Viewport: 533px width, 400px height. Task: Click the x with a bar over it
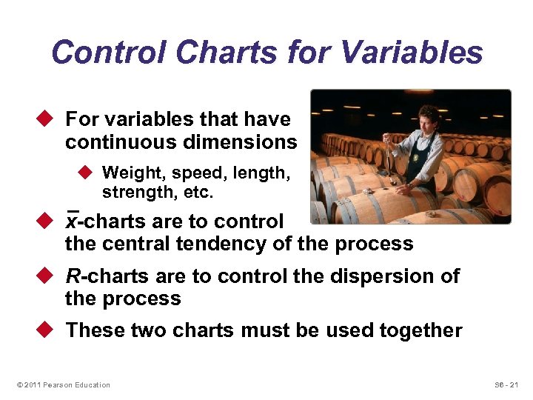point(72,221)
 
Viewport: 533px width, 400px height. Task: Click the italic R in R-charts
point(73,276)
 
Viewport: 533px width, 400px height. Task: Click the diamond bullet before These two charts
point(47,330)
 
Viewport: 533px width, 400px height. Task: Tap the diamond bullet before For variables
point(47,119)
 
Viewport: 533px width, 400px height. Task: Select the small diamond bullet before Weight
point(84,173)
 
